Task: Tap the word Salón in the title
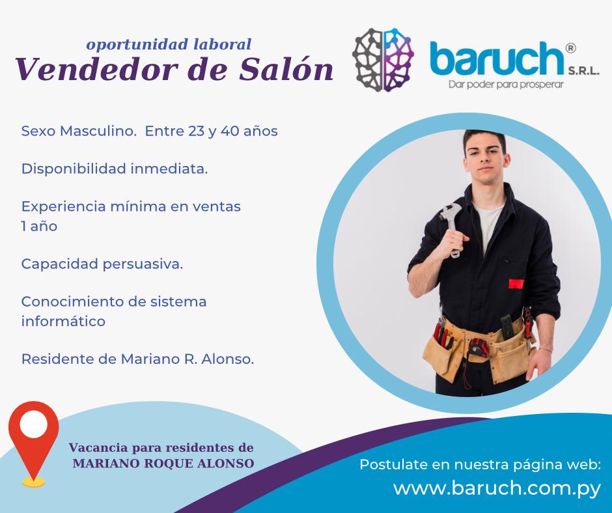286,69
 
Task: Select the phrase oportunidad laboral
169,44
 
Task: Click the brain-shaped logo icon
383,60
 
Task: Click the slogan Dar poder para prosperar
506,85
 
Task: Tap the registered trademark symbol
570,48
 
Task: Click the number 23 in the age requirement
197,131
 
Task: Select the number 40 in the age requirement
230,131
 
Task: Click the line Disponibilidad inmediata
115,169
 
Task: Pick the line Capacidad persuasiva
102,264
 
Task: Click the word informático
63,322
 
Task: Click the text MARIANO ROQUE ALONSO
163,464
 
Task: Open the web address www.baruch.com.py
497,489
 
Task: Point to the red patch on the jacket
516,284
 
